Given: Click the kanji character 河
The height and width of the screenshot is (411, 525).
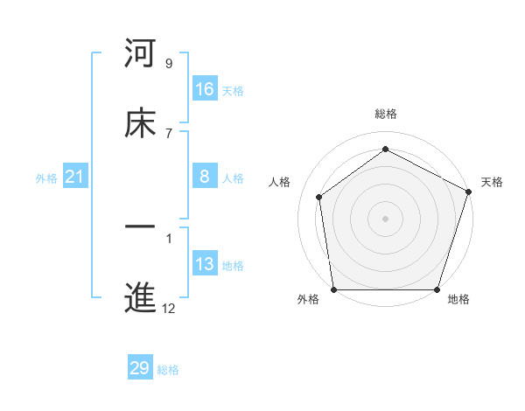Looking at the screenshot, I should click(x=140, y=55).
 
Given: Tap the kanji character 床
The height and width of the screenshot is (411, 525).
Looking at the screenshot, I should click(x=140, y=123).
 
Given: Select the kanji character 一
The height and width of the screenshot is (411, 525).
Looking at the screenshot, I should click(x=140, y=229).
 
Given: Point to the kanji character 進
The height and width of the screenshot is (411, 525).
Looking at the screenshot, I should click(x=140, y=298).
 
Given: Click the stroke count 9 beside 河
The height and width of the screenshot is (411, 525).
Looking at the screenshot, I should click(x=168, y=64).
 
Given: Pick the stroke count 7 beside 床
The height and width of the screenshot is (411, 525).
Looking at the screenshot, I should click(x=168, y=132).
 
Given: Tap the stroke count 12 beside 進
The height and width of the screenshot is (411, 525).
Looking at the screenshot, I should click(x=168, y=308).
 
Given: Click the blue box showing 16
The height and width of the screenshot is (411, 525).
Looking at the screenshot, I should click(x=205, y=89).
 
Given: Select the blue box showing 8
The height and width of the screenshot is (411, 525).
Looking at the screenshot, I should click(x=205, y=178).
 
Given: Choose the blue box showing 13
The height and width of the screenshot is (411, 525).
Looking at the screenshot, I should click(x=205, y=264).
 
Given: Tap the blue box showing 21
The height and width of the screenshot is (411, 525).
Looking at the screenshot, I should click(x=75, y=178).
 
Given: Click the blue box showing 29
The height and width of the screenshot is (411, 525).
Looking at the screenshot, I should click(x=140, y=368).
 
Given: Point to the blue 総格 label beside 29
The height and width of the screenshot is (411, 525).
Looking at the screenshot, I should click(x=168, y=370).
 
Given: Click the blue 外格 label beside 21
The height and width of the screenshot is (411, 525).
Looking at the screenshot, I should click(x=46, y=178).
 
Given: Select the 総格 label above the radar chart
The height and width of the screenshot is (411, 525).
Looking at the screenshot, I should click(x=386, y=115).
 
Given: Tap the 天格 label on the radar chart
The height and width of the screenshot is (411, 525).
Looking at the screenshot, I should click(x=492, y=182).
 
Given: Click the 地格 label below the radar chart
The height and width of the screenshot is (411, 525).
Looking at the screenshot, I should click(x=458, y=300).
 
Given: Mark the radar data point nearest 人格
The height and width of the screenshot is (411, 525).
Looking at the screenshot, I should click(x=319, y=197).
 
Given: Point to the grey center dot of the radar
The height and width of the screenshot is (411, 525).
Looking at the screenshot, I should click(x=385, y=218).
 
